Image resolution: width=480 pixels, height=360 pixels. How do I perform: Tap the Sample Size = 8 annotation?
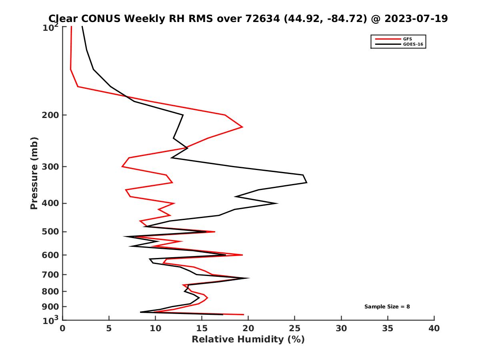(x=387, y=307)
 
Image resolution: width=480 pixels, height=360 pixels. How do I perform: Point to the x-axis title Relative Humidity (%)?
(x=248, y=340)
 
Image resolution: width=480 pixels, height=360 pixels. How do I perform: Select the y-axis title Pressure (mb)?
(x=34, y=173)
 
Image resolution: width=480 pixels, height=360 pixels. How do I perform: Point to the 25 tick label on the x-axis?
(x=295, y=328)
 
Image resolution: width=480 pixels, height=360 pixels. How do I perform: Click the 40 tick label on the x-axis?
(x=434, y=328)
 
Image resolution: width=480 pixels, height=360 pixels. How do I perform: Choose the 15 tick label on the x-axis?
(x=202, y=328)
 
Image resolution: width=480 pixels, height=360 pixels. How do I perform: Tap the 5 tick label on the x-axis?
(x=109, y=328)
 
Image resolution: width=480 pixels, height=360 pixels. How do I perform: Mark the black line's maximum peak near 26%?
(x=306, y=183)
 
